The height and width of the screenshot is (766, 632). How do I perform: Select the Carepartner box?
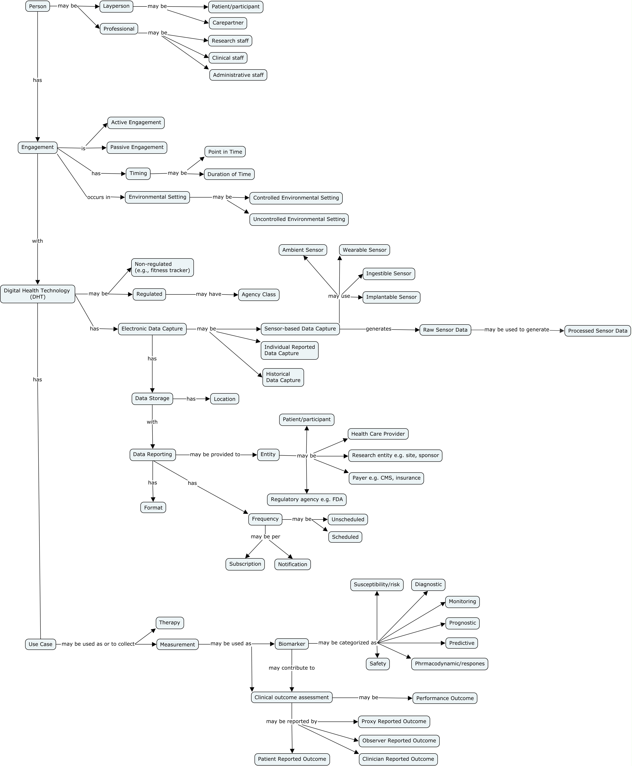click(x=228, y=23)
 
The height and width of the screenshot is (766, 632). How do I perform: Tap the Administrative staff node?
click(x=238, y=75)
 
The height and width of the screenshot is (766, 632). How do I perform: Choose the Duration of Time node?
click(x=229, y=174)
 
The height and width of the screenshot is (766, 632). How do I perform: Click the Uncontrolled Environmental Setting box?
click(x=299, y=219)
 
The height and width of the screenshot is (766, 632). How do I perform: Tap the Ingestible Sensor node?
click(x=388, y=274)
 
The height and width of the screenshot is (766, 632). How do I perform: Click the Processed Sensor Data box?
click(x=597, y=331)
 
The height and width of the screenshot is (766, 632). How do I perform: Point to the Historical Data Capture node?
click(x=283, y=377)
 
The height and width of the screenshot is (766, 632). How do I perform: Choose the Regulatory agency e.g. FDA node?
click(x=307, y=500)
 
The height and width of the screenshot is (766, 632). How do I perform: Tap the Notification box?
click(x=292, y=564)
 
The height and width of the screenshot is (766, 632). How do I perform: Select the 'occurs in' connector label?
click(x=99, y=197)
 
